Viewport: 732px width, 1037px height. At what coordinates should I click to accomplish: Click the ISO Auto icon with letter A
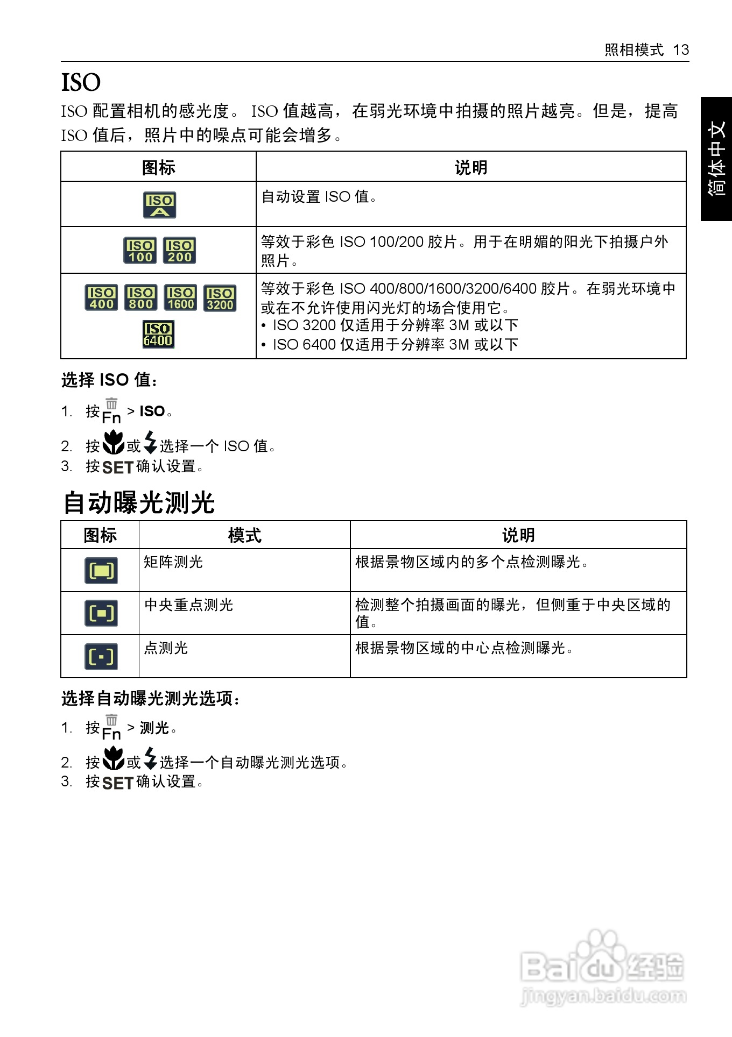point(159,205)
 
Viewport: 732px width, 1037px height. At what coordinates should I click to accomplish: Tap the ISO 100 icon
point(140,251)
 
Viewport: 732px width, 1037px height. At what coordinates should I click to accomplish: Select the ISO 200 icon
point(179,251)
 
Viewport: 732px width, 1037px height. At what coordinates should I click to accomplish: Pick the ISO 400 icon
point(101,298)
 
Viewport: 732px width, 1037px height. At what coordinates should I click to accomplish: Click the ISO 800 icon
point(140,298)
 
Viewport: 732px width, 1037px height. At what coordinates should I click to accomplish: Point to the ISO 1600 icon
point(180,298)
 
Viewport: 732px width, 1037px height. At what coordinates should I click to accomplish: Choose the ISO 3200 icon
point(220,299)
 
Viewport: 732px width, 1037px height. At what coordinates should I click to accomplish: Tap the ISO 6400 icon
point(158,335)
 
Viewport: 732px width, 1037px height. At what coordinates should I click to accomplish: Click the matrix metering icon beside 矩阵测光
point(101,571)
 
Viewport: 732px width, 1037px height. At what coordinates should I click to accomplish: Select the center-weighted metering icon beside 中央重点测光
point(101,613)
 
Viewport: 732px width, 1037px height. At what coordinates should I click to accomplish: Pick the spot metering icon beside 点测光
point(101,657)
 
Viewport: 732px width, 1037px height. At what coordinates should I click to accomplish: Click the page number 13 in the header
point(681,50)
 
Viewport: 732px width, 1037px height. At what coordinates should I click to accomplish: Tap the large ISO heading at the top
point(81,82)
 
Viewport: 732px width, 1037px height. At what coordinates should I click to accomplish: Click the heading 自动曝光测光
point(139,503)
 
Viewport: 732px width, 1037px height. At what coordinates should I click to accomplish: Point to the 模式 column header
point(244,535)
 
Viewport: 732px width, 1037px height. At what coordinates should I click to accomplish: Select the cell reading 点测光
point(166,648)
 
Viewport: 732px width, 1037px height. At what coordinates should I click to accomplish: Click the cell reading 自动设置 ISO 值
point(319,197)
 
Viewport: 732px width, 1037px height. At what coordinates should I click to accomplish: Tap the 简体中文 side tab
point(716,159)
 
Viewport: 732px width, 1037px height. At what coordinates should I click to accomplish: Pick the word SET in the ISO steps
point(117,467)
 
